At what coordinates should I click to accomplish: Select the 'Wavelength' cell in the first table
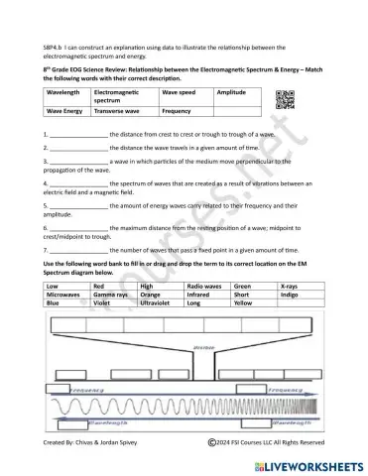pos(65,91)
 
